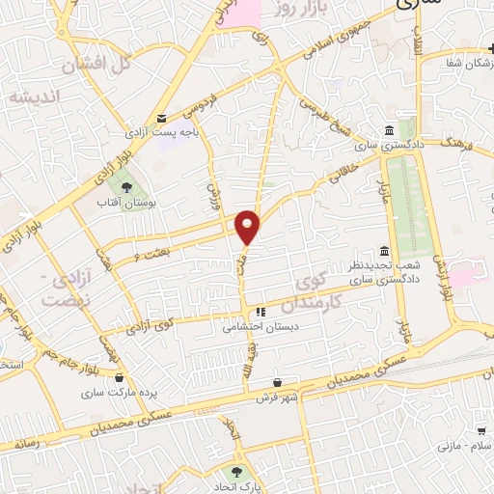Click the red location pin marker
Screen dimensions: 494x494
[248, 227]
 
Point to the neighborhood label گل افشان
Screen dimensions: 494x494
[96, 66]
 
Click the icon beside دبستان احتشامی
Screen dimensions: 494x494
[260, 313]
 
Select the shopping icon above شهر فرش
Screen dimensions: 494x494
[278, 382]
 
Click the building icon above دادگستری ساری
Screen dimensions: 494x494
[388, 131]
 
